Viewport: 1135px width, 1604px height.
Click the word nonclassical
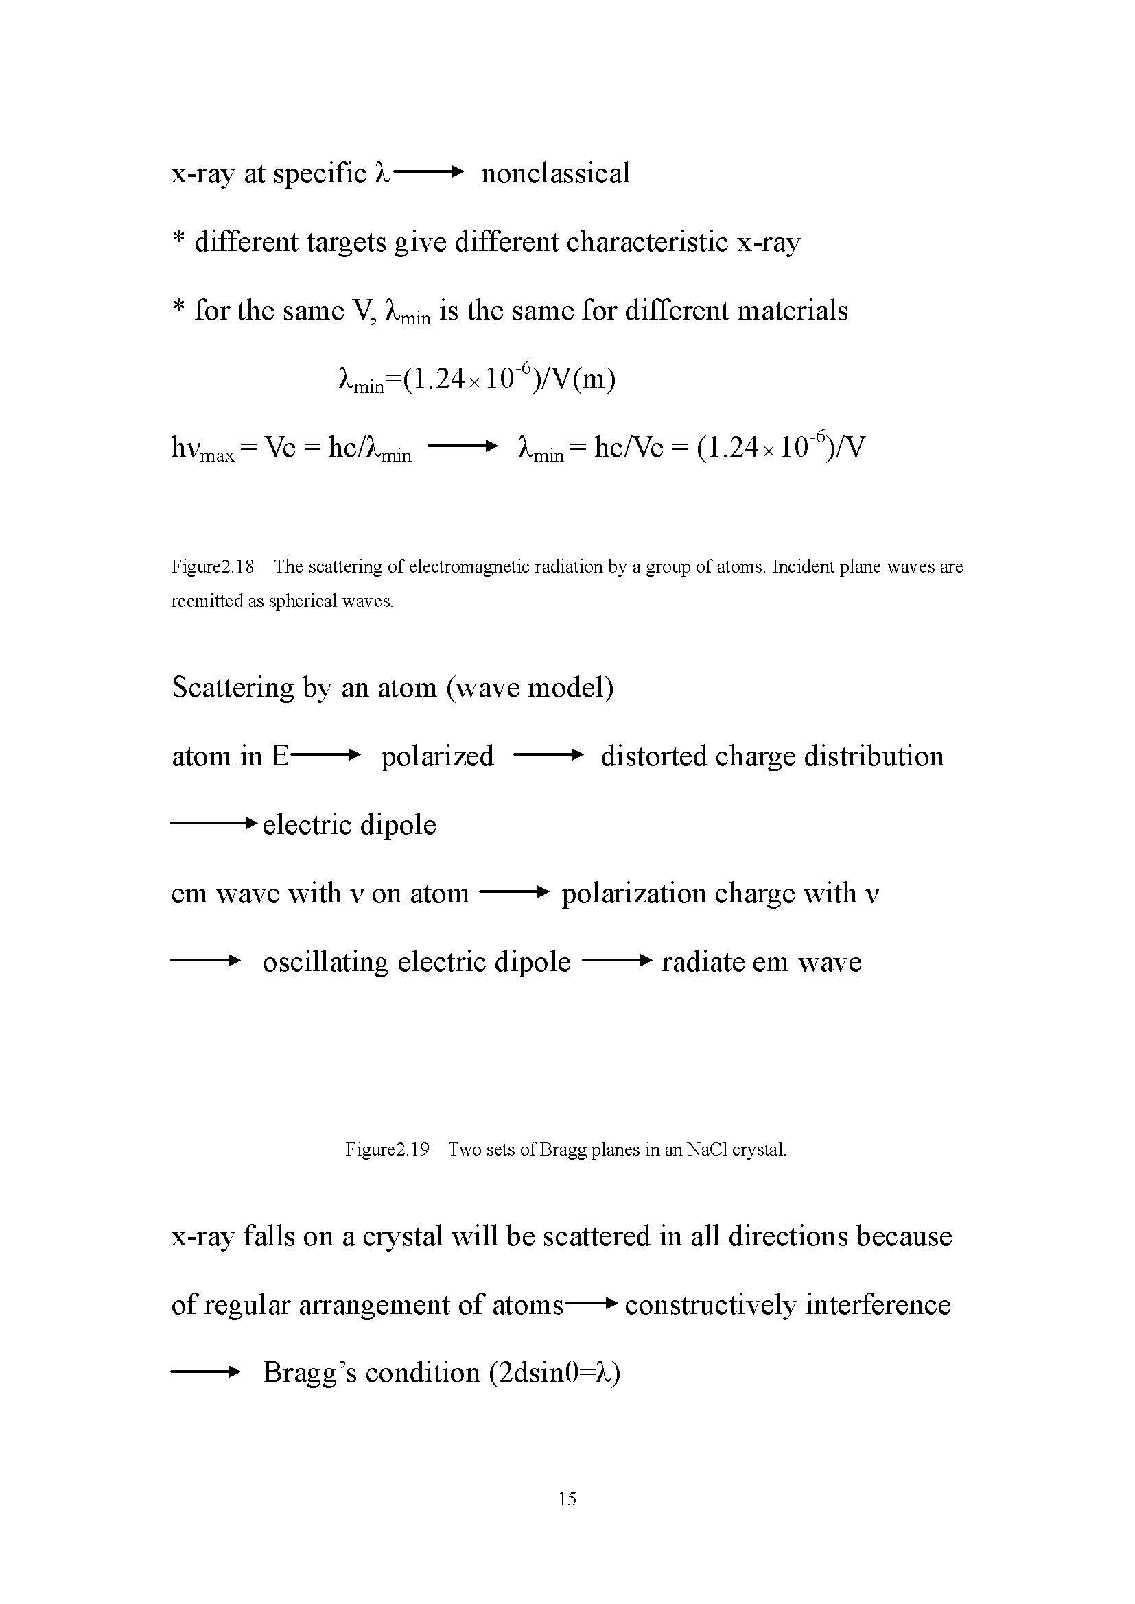coord(555,173)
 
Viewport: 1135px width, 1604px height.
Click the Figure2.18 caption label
coord(213,566)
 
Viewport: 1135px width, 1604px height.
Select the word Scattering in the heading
coord(233,688)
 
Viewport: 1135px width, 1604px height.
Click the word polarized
coord(437,756)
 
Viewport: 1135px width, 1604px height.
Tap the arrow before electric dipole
coord(214,824)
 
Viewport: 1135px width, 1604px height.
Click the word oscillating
coord(325,963)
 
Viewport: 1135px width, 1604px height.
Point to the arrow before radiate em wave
coord(616,961)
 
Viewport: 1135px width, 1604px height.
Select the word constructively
coord(710,1305)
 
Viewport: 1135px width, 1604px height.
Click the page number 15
coord(567,1498)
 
